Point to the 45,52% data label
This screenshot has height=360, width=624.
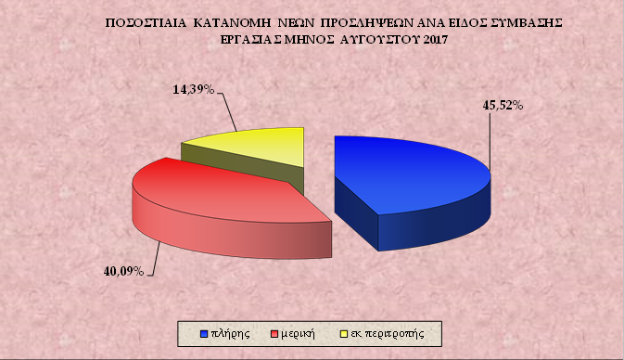503,106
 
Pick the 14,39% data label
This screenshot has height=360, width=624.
194,90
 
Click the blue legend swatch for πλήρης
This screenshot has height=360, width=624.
203,331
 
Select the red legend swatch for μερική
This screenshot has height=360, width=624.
274,331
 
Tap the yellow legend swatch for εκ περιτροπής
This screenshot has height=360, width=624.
345,331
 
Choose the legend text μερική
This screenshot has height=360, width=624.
299,331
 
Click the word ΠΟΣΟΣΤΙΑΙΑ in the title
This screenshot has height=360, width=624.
149,19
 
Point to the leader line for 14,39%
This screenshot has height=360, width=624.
227,111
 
